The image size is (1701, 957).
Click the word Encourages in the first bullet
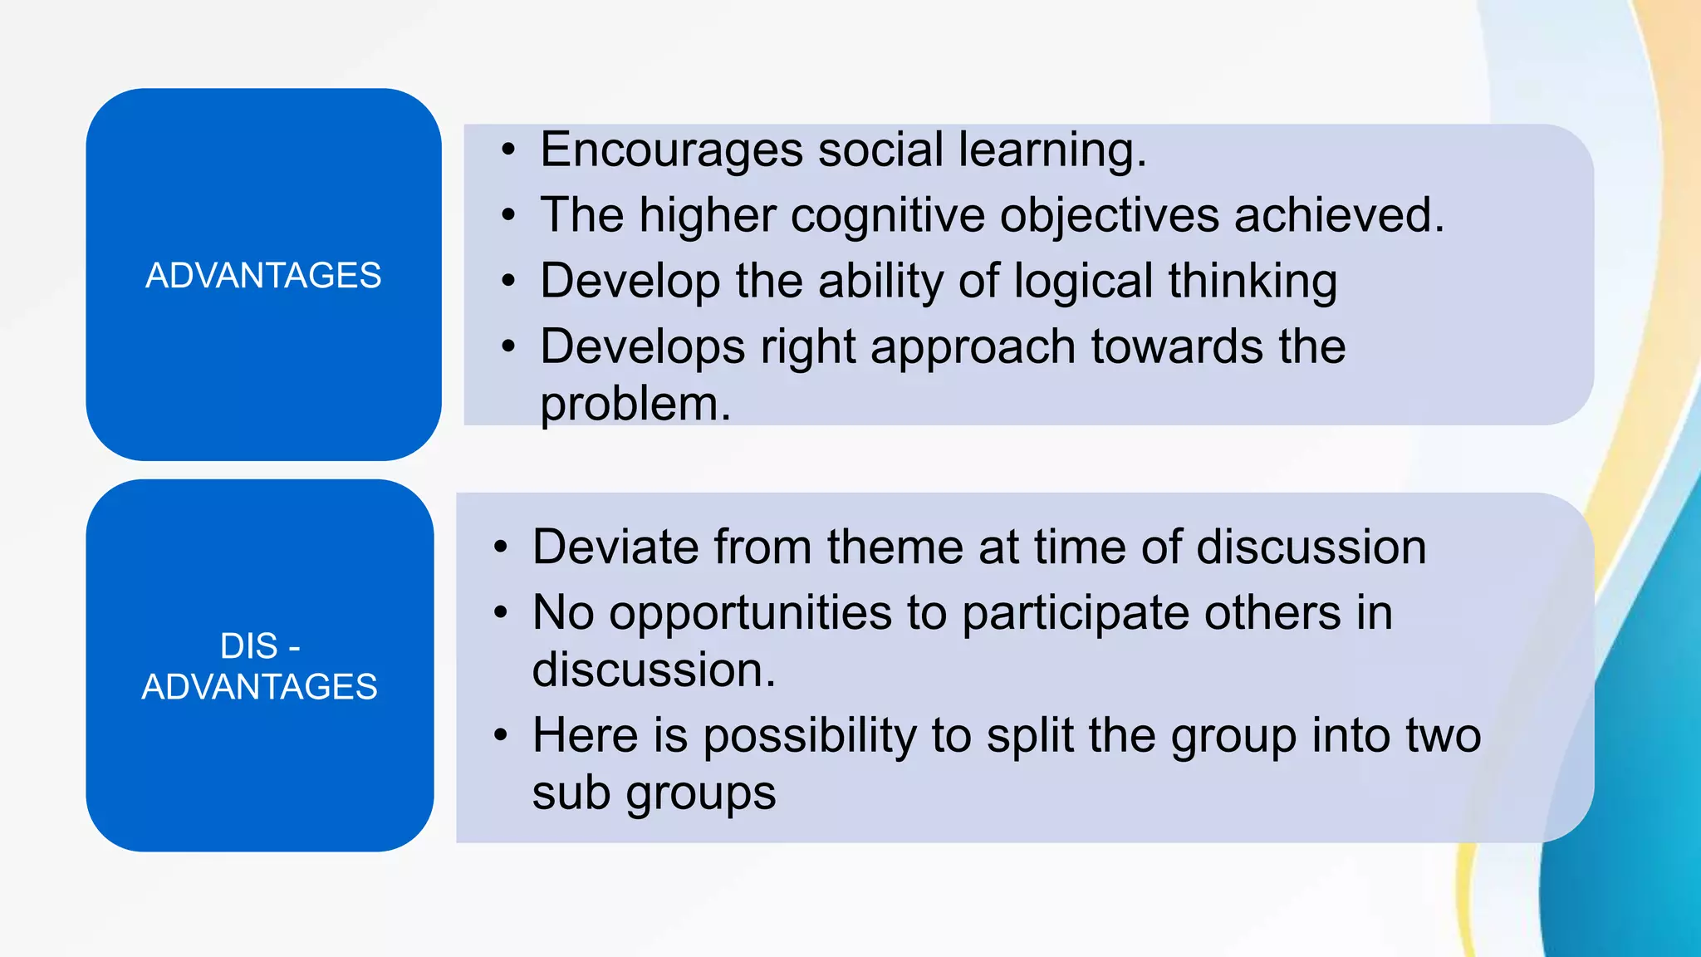point(671,150)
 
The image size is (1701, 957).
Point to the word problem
point(635,405)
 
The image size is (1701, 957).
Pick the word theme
point(895,547)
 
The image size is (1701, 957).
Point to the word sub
point(571,793)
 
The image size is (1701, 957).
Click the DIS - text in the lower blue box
point(260,646)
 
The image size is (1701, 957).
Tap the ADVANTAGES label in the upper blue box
point(263,276)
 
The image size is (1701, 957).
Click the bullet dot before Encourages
point(508,151)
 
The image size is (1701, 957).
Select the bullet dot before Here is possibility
point(500,736)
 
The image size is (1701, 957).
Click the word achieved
point(1339,216)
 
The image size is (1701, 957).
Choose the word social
point(880,150)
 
